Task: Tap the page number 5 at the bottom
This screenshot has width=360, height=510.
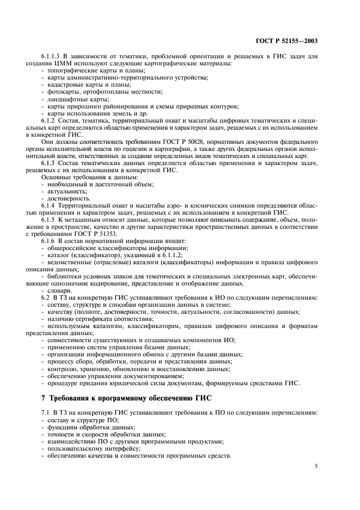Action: (316, 466)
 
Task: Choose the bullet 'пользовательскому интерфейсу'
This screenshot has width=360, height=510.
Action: (87, 448)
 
